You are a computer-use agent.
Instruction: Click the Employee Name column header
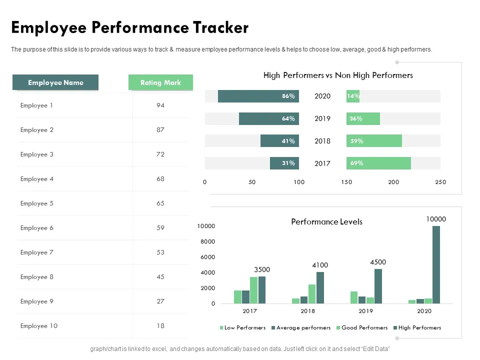click(55, 82)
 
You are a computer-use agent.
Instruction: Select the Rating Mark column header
click(160, 82)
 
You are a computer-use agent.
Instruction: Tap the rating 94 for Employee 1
click(160, 105)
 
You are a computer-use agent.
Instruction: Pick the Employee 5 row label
click(37, 203)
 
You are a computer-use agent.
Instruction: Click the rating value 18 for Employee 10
click(160, 326)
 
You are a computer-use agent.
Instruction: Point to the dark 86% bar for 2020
click(258, 96)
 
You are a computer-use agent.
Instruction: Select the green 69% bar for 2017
click(378, 163)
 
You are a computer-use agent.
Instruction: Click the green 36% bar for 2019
click(363, 118)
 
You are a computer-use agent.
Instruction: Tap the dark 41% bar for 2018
click(279, 141)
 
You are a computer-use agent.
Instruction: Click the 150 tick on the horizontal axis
click(346, 182)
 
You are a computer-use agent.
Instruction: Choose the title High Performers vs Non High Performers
click(338, 75)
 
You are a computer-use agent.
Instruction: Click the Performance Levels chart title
click(326, 221)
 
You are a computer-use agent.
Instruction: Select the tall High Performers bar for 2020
click(436, 264)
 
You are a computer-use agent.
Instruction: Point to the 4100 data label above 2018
click(320, 265)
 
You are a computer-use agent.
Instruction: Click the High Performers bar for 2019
click(378, 286)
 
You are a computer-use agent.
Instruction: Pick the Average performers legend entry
click(303, 328)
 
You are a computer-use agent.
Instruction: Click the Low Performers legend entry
click(244, 328)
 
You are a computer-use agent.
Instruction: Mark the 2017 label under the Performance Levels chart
click(249, 311)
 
